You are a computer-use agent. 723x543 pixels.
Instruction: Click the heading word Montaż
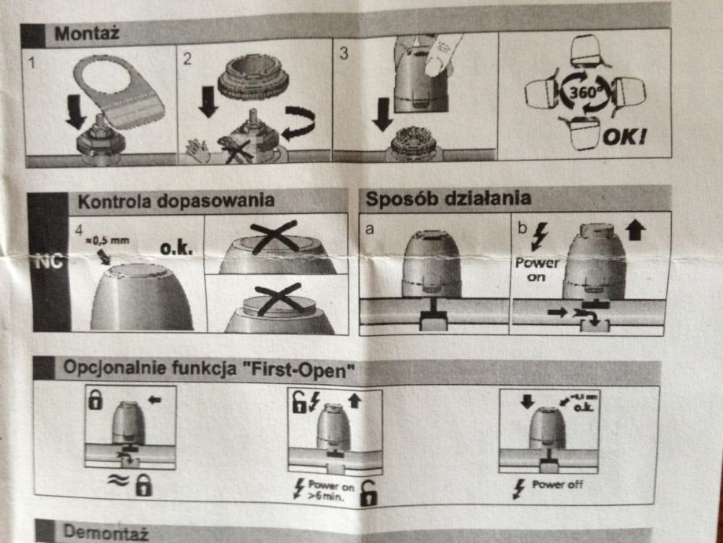[87, 34]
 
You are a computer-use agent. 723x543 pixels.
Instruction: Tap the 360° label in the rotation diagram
[585, 93]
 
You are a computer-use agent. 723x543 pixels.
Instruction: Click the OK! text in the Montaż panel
[625, 137]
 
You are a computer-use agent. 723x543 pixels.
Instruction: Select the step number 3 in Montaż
[343, 54]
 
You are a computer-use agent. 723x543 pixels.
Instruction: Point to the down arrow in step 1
[76, 112]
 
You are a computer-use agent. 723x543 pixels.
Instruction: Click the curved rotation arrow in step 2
[299, 123]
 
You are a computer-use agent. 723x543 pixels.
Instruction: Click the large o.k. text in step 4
[176, 248]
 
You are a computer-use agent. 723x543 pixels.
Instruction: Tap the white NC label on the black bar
[49, 261]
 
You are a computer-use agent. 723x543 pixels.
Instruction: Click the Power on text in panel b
[537, 269]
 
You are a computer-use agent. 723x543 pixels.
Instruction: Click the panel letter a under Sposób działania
[369, 229]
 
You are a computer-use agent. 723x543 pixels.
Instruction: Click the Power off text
[558, 485]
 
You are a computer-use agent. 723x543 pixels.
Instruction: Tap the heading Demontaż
[105, 533]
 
